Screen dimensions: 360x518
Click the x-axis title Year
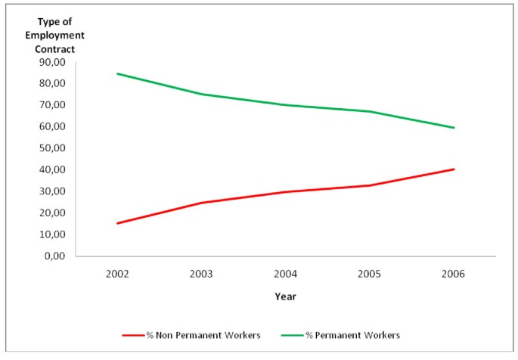(285, 296)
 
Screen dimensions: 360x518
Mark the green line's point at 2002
(117, 73)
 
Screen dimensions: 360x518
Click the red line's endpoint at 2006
(454, 169)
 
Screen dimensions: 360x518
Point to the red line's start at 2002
(117, 223)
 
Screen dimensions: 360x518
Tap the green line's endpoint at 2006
(454, 127)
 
